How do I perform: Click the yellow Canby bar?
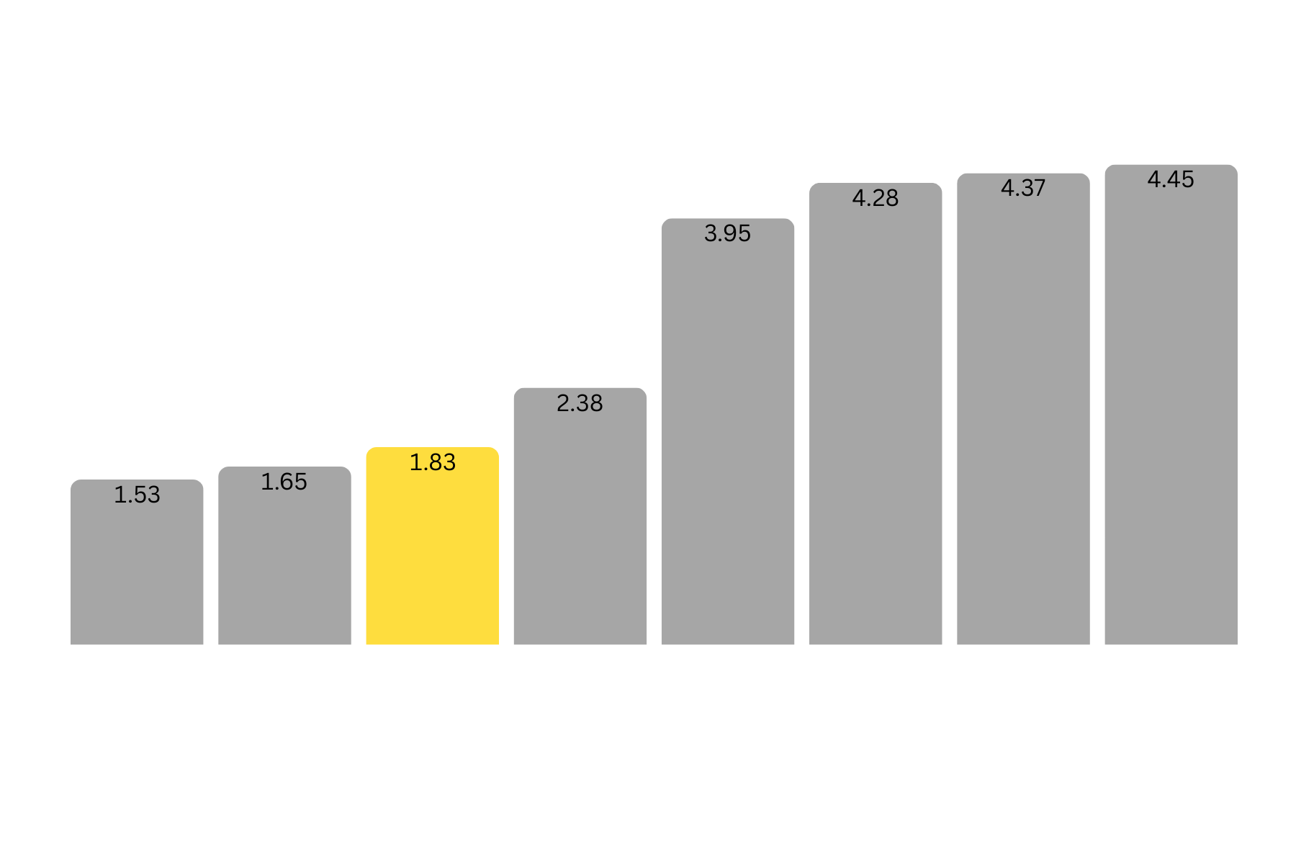coord(432,547)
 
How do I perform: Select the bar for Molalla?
coord(137,569)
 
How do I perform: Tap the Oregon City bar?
coord(580,518)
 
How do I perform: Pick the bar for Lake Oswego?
coord(1171,410)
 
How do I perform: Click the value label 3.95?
coord(727,233)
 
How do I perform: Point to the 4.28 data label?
coord(875,198)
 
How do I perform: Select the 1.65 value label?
coord(284,482)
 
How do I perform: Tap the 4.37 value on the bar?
coord(1022,188)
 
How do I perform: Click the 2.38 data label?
coord(580,403)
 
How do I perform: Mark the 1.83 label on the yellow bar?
coord(432,462)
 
